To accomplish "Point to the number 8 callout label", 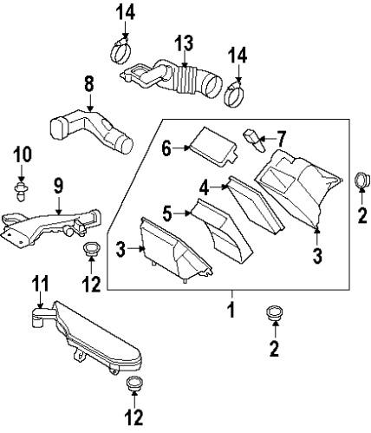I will (88, 83).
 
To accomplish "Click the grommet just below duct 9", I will (89, 252).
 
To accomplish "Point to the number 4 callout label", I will (204, 187).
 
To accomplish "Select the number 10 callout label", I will (23, 154).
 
